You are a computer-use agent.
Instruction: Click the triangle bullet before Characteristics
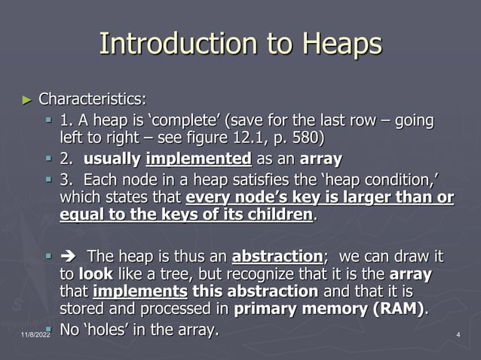point(28,99)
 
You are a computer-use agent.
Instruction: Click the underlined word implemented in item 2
point(198,160)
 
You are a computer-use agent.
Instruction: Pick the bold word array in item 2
point(320,160)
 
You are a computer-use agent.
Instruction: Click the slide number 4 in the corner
point(459,334)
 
